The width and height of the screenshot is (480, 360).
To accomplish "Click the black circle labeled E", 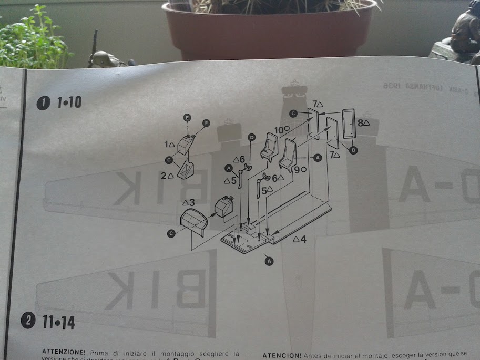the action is [x=188, y=117].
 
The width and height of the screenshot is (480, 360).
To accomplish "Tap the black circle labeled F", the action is [x=206, y=123].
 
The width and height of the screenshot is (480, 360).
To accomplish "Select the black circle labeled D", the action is [x=251, y=138].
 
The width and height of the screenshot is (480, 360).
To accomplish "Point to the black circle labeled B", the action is [x=353, y=150].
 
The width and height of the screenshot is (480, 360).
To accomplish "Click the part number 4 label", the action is [x=300, y=239].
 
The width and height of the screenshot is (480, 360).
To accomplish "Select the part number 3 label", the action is [x=189, y=202].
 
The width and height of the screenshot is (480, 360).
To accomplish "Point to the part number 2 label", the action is [x=167, y=175].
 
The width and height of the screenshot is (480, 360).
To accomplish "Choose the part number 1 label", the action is [x=169, y=144].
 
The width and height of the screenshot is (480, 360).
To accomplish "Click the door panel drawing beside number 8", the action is [x=348, y=124].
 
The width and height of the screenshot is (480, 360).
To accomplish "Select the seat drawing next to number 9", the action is [x=288, y=154].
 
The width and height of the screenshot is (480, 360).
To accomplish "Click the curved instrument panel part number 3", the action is [x=193, y=221].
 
